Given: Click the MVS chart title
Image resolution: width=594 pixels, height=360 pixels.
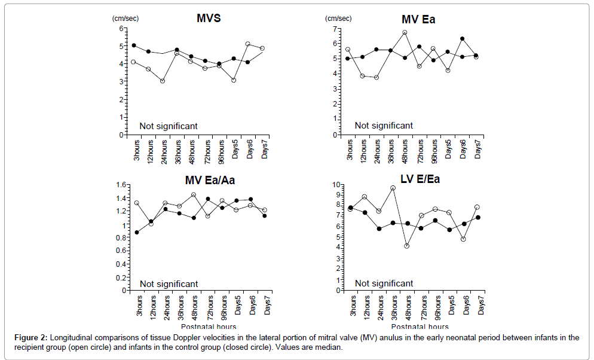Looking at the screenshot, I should [209, 18].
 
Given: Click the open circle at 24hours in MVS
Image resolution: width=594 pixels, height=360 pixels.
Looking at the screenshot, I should [162, 81].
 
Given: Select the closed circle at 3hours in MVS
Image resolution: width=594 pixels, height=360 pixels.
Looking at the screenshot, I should [134, 45].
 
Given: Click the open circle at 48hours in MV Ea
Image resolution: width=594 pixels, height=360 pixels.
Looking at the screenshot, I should [405, 33].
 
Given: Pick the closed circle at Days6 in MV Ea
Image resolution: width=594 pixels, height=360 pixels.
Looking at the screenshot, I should [462, 39].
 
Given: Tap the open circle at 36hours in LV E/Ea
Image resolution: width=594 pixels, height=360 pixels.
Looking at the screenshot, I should [393, 188].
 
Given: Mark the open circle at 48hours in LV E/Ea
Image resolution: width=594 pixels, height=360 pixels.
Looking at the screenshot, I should [407, 246].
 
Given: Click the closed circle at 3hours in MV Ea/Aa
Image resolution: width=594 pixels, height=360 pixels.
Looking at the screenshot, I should [136, 232].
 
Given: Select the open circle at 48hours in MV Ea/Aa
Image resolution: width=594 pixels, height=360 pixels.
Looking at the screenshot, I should [194, 195].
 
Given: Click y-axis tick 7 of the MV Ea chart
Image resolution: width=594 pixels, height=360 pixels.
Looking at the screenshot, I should [336, 29].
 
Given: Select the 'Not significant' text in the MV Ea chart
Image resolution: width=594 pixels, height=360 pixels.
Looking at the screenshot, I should [384, 126].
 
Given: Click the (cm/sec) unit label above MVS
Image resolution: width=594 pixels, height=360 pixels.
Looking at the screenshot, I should [125, 19].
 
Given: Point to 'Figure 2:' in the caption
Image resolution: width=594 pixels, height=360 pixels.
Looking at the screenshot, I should [31, 338].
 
